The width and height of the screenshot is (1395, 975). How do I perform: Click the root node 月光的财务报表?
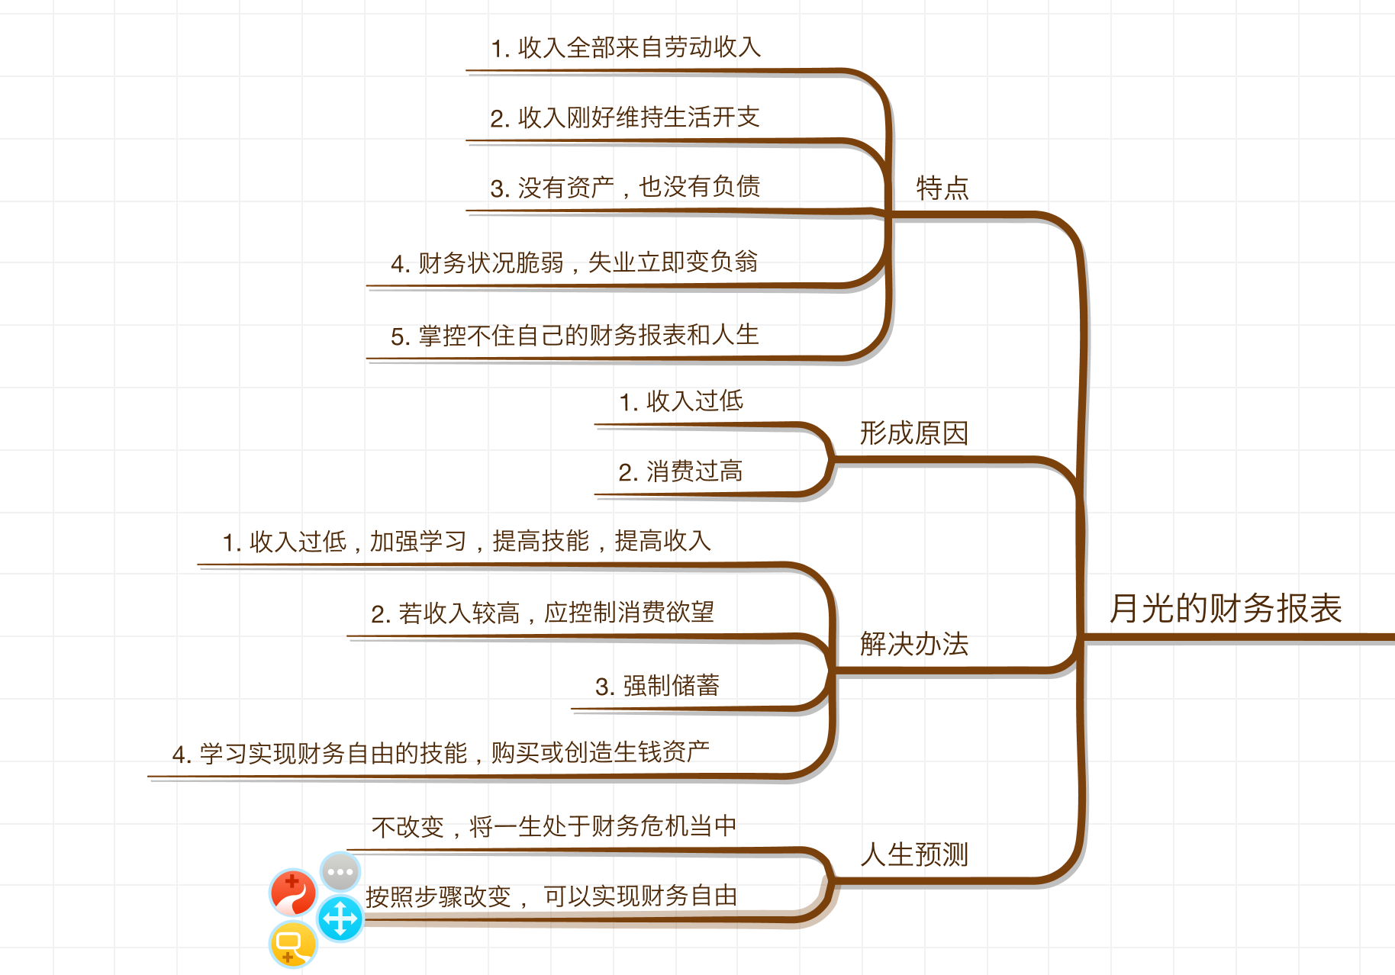pos(1225,609)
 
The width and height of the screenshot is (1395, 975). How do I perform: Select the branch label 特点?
pos(942,188)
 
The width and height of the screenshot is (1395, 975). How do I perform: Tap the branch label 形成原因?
pos(914,433)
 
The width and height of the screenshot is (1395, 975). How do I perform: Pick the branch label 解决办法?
pos(914,644)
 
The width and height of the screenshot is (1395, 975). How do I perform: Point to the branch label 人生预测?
pos(914,854)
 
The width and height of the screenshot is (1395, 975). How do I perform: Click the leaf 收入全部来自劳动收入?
pos(626,48)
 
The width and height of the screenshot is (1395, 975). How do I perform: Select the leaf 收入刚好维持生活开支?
pos(625,118)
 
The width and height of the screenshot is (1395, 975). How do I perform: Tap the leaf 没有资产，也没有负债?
pos(625,188)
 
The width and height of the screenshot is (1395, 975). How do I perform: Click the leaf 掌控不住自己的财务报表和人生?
pos(574,336)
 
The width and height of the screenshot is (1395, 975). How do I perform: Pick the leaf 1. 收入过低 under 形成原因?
pos(681,401)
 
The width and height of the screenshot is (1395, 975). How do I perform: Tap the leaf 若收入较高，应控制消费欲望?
pos(543,613)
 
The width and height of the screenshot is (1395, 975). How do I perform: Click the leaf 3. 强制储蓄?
pos(657,686)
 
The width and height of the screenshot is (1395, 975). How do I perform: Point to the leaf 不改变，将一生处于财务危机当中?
pos(554,826)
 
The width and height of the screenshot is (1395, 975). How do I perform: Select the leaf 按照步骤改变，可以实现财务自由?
pos(552,896)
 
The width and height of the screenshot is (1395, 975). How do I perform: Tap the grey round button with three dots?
pos(340,871)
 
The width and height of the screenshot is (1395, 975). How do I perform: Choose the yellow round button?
pos(293,944)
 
